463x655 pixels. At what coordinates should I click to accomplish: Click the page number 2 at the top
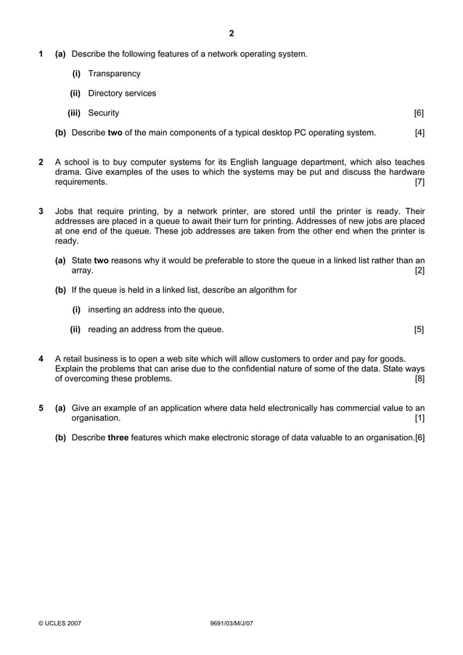click(231, 33)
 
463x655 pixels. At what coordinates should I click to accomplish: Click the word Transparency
click(114, 74)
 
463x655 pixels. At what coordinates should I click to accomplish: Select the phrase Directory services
click(122, 94)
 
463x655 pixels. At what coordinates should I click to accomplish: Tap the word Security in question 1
click(104, 113)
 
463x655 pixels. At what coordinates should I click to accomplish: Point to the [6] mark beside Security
click(419, 113)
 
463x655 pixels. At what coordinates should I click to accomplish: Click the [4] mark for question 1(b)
click(419, 133)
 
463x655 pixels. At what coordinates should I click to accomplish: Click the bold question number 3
click(41, 211)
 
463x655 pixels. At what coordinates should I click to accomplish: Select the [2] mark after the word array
click(419, 271)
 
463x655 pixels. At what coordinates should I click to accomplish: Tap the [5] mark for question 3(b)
click(419, 329)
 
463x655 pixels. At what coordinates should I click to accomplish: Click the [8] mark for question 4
click(419, 378)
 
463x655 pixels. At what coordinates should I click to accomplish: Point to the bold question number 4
click(41, 358)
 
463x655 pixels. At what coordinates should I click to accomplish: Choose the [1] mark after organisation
click(419, 418)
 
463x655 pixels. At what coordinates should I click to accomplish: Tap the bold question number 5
click(41, 408)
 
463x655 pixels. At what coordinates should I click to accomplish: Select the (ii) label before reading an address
click(75, 329)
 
